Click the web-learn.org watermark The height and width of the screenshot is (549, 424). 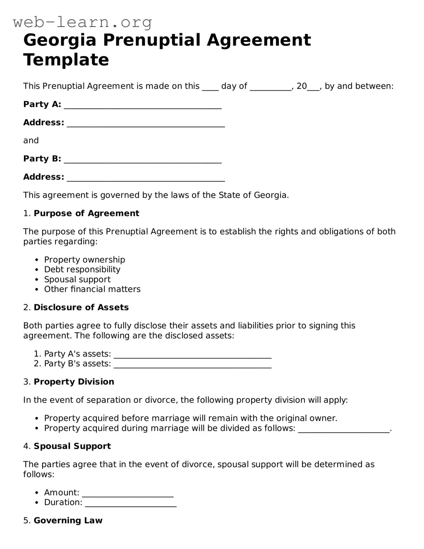click(x=83, y=22)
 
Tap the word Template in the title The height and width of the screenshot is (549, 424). click(x=66, y=60)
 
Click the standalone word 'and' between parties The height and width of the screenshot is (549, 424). click(x=31, y=141)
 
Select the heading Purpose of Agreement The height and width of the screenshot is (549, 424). click(x=86, y=213)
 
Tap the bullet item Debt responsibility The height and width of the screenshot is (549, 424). click(x=82, y=270)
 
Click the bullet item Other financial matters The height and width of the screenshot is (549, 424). click(x=92, y=290)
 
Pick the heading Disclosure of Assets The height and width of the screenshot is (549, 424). click(x=81, y=308)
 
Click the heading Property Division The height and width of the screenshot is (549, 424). click(x=74, y=382)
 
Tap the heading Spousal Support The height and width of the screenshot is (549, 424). click(x=72, y=446)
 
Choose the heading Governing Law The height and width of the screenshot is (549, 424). click(x=68, y=521)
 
